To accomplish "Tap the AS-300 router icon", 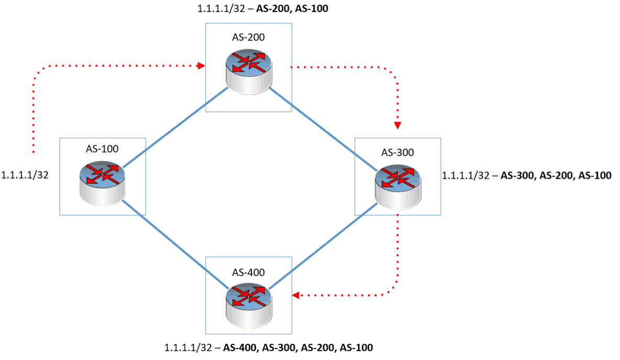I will [397, 183].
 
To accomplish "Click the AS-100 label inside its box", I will [102, 148].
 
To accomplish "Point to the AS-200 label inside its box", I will [248, 37].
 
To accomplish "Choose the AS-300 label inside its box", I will [397, 152].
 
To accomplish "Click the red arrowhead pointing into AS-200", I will [201, 66].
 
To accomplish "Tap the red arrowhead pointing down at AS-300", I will [397, 126].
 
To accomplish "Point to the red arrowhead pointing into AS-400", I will [296, 296].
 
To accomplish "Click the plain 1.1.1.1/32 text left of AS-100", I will [26, 175].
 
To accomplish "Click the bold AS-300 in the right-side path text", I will [519, 176].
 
